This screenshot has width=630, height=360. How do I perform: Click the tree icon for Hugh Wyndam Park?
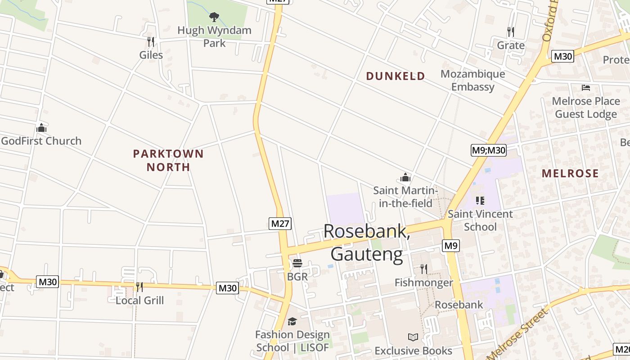214,17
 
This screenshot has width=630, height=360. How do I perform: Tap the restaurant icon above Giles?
151,42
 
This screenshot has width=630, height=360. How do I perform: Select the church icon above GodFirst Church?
41,128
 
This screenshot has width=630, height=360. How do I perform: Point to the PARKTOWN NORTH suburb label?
168,160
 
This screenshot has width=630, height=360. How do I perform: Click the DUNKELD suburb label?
396,76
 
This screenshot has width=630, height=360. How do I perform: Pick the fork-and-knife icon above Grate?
511,32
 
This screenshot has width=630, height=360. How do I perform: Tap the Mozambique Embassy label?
472,80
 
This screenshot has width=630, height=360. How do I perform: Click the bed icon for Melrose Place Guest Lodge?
585,88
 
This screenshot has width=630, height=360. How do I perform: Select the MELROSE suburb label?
570,173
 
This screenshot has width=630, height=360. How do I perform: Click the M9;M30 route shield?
489,150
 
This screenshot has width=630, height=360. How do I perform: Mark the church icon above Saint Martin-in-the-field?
405,177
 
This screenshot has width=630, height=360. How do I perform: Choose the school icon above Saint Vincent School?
480,201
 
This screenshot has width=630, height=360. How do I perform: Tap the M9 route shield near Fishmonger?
450,246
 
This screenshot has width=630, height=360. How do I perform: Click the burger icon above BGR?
297,263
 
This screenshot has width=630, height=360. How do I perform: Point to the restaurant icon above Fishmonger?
423,269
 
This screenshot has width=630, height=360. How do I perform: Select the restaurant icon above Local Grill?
139,287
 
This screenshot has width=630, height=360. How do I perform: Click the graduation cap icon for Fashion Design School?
292,321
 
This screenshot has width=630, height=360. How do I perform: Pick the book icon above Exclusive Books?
413,337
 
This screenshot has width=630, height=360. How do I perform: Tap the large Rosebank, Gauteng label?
367,243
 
